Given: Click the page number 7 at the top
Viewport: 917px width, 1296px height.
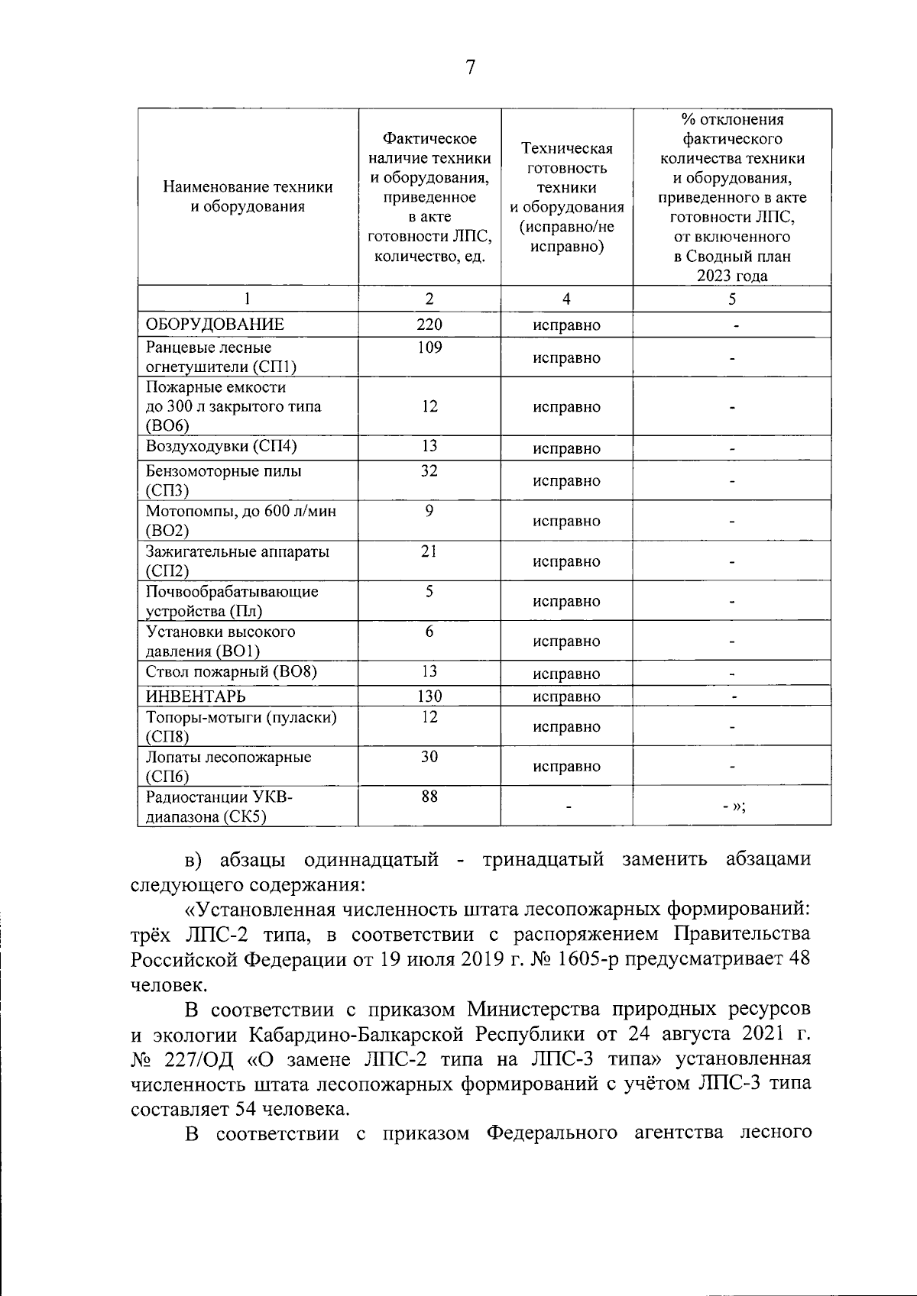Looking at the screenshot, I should pos(470,68).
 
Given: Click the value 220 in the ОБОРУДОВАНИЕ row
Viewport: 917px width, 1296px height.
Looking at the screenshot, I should pos(429,324).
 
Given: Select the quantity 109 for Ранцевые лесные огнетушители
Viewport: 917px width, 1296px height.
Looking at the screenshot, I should pos(429,347).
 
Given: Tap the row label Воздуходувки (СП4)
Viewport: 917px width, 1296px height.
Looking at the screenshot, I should pos(222,446).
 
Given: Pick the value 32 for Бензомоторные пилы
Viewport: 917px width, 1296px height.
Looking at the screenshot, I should pos(429,470).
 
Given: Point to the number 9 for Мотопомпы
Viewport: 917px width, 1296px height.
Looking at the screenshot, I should pos(429,510).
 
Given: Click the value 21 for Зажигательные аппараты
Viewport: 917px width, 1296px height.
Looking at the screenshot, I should pos(429,551).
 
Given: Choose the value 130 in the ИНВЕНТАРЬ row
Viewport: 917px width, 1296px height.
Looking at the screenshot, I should pos(429,696).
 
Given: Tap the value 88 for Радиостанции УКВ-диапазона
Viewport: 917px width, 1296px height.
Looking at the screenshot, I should pos(429,797).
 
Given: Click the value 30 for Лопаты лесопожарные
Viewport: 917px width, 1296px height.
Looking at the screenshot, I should pos(429,756).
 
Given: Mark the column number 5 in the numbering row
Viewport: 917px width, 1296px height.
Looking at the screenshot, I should pos(732,299).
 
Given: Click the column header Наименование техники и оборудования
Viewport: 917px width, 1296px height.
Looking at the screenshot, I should pos(248,196).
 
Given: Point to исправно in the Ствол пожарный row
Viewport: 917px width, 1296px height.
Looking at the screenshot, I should pos(566,674).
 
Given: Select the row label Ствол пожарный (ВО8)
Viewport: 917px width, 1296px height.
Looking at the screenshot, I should pos(232,671).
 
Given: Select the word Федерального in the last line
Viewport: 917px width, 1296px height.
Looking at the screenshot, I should pos(552,1133).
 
